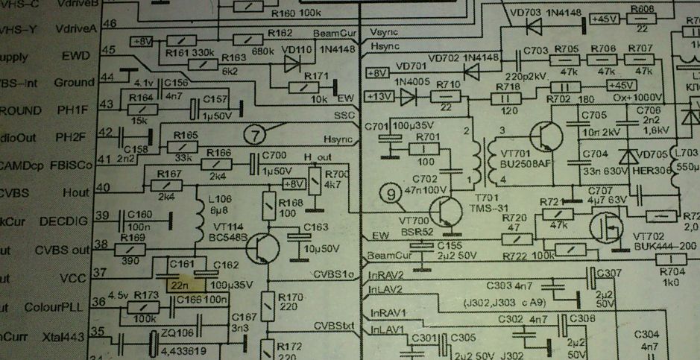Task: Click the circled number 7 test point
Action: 255,135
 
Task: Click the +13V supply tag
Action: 379,96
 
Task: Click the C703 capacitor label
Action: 536,50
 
